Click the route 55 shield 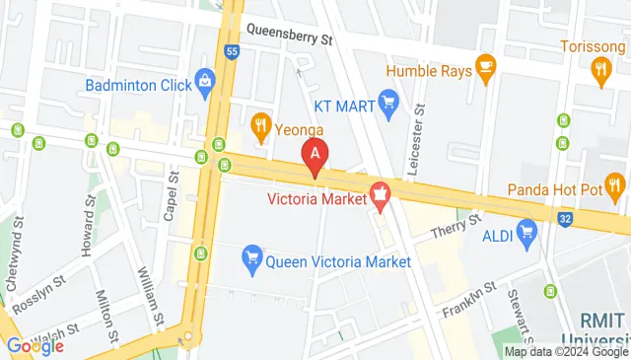pos(232,52)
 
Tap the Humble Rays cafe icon pos(484,66)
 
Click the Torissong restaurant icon pos(600,68)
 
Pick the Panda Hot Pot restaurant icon pos(616,183)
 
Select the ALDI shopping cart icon pos(526,233)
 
